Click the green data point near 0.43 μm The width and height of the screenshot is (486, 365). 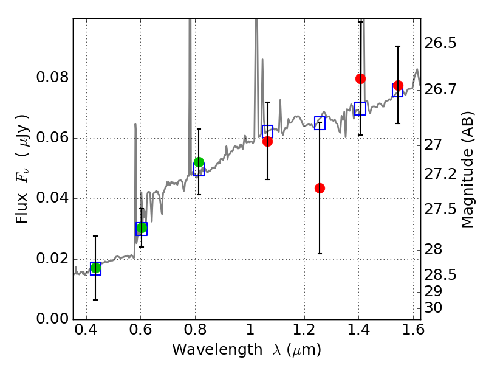click(95, 268)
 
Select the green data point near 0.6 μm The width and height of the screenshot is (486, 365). click(142, 228)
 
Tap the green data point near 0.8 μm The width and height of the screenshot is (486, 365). click(199, 162)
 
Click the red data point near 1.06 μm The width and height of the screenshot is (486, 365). click(267, 141)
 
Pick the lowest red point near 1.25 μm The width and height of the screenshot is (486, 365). click(320, 188)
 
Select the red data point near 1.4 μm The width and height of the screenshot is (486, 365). click(360, 78)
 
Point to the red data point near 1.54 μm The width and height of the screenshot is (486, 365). click(398, 85)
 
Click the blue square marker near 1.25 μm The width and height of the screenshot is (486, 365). click(320, 123)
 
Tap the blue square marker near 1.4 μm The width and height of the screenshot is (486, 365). click(360, 109)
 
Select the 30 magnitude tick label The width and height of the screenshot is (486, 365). click(435, 308)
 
